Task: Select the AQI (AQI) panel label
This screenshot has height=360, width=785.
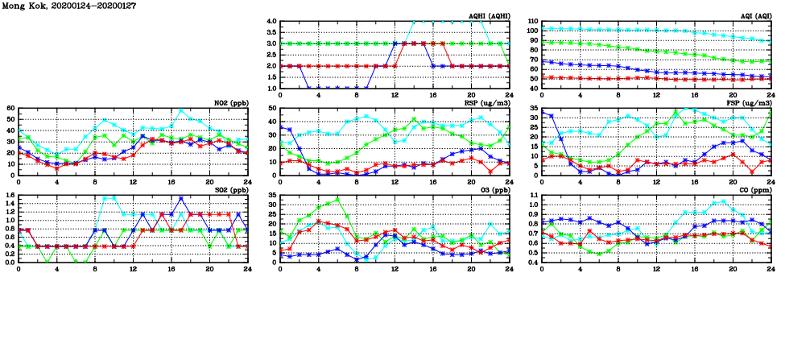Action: coord(752,16)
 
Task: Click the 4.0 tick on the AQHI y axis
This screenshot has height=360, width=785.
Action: coord(272,22)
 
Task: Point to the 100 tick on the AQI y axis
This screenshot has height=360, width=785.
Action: coord(532,31)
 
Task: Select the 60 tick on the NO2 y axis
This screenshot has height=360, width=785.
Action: coord(10,108)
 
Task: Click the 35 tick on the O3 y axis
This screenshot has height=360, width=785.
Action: coord(271,196)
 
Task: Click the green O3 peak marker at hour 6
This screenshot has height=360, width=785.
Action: coord(337,199)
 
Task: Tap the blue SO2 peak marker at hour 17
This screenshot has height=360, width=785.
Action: coord(181,198)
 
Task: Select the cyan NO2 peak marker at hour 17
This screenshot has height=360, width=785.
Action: coord(181,110)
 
